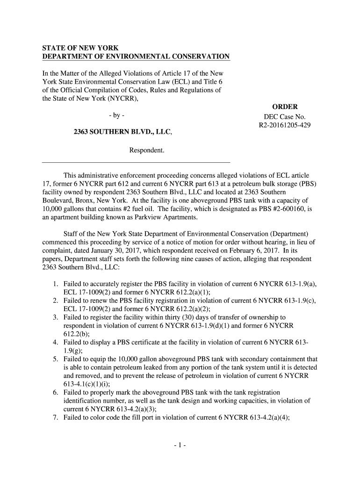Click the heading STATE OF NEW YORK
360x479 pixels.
pos(80,48)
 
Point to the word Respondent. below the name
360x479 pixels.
pos(147,151)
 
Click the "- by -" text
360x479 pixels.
pos(116,116)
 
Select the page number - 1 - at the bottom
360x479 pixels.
pos(180,445)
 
